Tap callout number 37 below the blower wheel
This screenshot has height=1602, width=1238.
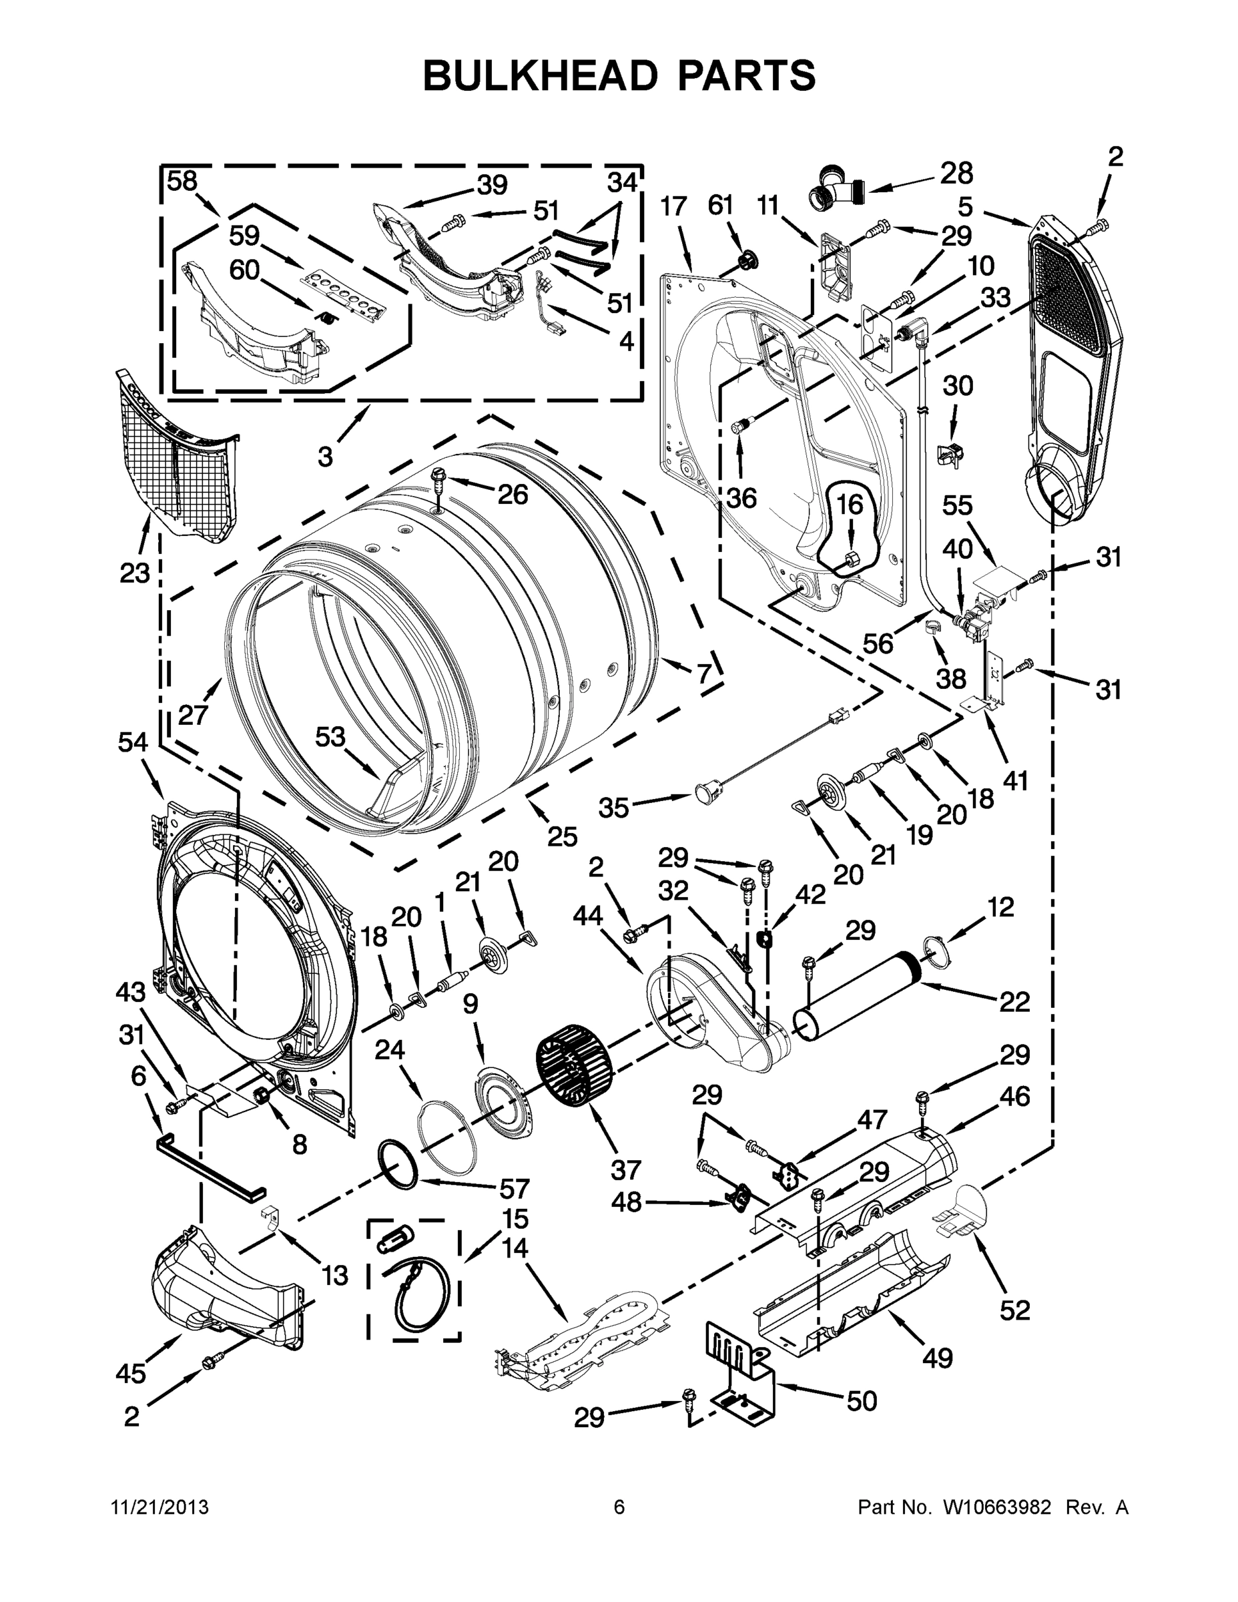625,1169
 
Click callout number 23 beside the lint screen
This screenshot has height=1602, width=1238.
135,573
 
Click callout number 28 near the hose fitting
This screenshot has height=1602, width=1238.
956,173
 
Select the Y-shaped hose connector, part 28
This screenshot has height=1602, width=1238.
836,194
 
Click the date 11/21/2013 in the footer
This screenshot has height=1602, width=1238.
160,1507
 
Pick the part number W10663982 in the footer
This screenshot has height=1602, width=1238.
990,1507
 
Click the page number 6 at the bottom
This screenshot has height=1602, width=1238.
619,1507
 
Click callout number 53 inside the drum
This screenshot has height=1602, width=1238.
330,736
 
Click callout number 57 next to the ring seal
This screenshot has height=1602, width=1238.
514,1187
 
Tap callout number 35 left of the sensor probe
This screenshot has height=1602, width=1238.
613,808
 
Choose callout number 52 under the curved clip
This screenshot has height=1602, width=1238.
1015,1310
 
